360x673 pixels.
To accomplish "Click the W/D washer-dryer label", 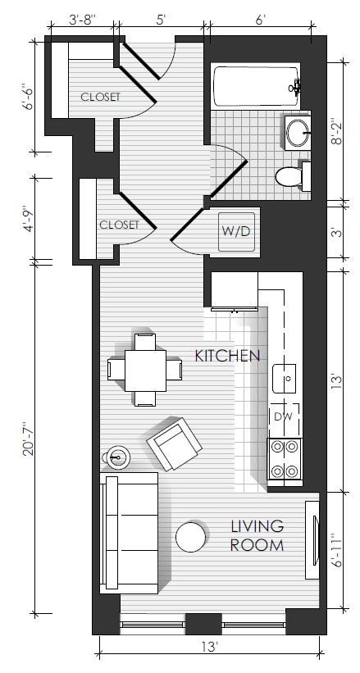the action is coord(236,231).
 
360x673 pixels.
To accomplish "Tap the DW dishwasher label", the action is coord(284,416).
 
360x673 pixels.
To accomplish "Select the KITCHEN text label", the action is coord(228,356).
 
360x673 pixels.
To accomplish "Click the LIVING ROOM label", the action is coord(257,535).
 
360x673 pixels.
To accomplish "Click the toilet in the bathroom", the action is coord(293,176).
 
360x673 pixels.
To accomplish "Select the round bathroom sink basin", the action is coord(298,132).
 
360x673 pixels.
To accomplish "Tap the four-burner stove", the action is coord(285,459).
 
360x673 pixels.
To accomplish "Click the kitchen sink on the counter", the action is coord(284,378).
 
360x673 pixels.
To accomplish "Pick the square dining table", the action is coord(145,371).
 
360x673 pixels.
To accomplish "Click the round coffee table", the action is coord(191,537).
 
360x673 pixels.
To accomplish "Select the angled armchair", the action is coord(174,443).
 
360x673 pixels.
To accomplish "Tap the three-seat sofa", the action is coord(129,533).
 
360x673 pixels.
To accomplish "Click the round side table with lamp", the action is coord(116,457).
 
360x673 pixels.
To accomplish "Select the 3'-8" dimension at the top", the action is coord(83,20).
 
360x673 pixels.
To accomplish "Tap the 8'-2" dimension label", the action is coord(339,132).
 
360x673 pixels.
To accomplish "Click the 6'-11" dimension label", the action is coord(338,551).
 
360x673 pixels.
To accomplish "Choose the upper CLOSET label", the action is coord(101,97).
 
